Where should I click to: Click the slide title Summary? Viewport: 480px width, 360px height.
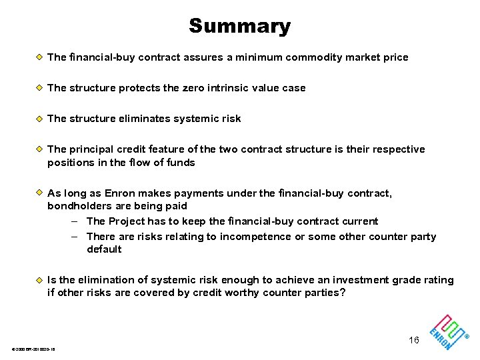pyautogui.click(x=239, y=26)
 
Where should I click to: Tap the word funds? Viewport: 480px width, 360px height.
pyautogui.click(x=181, y=163)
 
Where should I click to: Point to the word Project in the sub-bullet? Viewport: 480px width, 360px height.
pyautogui.click(x=127, y=221)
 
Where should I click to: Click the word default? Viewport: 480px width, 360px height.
pyautogui.click(x=104, y=249)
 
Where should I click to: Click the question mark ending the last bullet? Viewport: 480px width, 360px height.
pyautogui.click(x=343, y=293)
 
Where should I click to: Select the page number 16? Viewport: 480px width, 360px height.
pyautogui.click(x=414, y=341)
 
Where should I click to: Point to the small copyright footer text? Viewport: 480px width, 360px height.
pyautogui.click(x=33, y=350)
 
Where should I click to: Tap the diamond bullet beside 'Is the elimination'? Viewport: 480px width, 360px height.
pyautogui.click(x=39, y=280)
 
